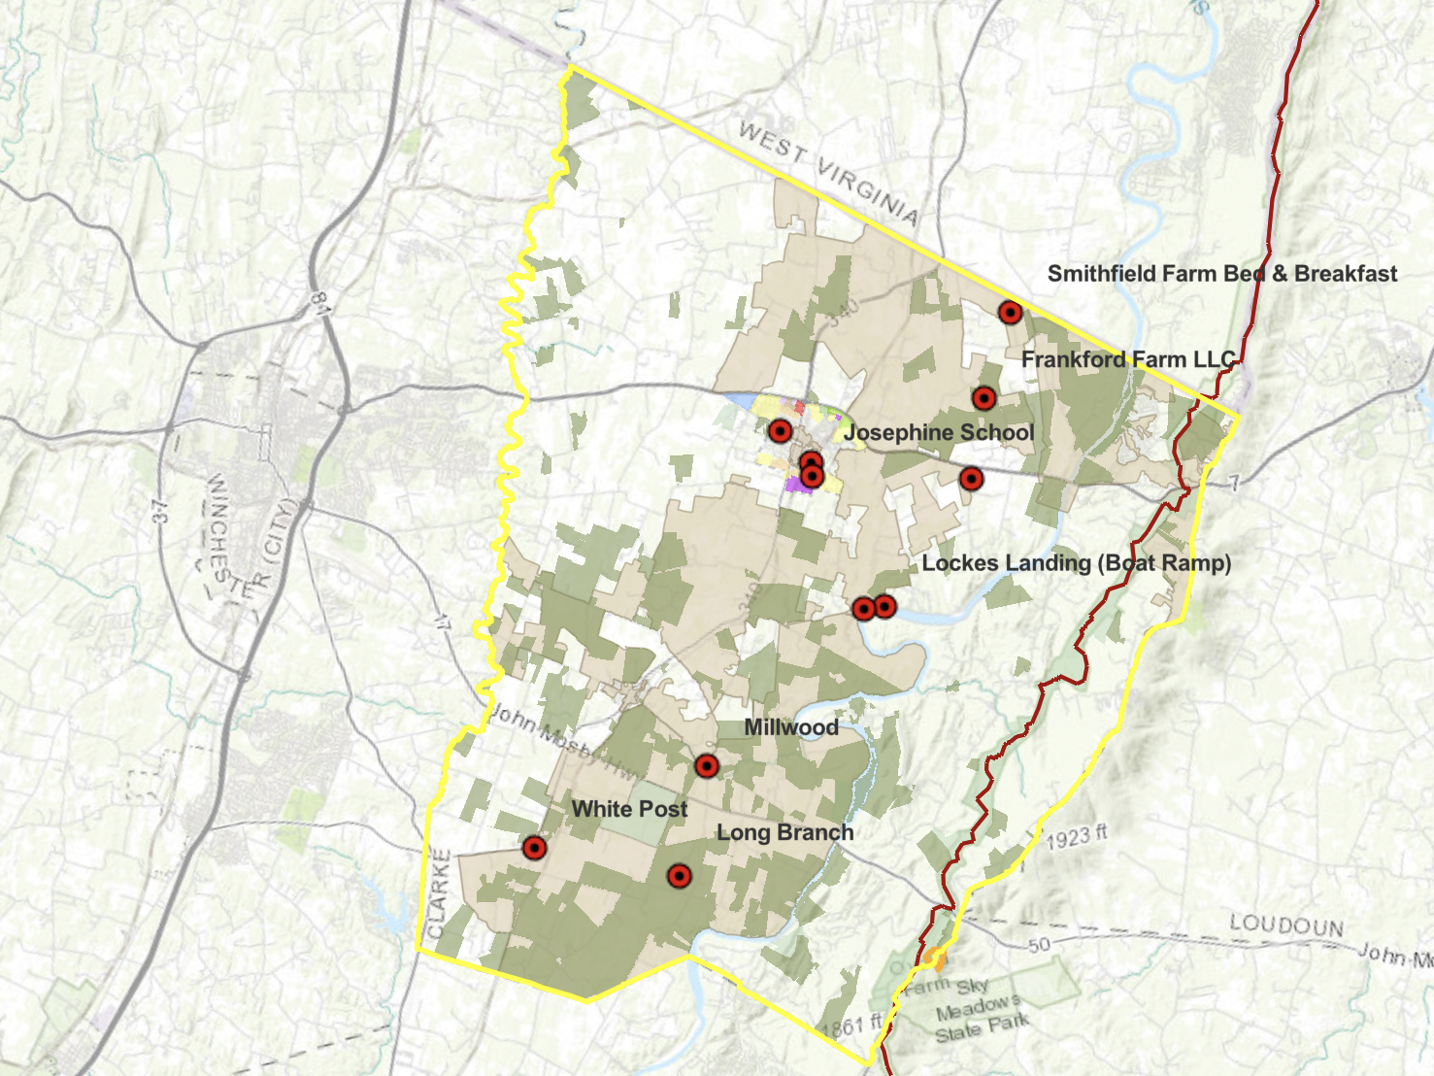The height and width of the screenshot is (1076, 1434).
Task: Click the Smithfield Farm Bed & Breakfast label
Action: click(x=1221, y=274)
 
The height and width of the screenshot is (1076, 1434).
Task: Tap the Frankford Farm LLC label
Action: click(x=1128, y=359)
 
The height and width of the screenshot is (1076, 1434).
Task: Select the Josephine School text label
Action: click(x=939, y=432)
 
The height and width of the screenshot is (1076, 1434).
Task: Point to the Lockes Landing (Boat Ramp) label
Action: click(x=1076, y=563)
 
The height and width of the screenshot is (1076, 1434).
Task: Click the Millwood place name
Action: click(x=791, y=727)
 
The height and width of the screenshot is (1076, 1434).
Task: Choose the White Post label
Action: click(x=629, y=809)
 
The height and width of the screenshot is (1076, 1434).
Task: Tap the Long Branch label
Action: click(x=784, y=832)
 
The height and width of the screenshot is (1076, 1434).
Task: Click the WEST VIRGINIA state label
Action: click(x=828, y=172)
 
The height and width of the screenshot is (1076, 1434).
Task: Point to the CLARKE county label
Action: click(x=439, y=893)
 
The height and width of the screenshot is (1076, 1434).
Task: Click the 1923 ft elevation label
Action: click(x=1076, y=836)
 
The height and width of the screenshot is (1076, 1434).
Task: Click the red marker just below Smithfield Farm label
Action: click(x=1010, y=313)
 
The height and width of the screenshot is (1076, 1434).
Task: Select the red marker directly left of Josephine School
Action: click(x=780, y=431)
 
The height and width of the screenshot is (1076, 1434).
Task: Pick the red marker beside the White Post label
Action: click(x=533, y=848)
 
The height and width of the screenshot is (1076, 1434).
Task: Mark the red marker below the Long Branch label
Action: click(x=679, y=877)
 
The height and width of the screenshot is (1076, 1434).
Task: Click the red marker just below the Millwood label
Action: click(x=706, y=766)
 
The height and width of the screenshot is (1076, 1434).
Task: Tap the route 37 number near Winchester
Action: click(x=160, y=512)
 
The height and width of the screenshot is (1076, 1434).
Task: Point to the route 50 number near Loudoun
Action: click(x=1039, y=944)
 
